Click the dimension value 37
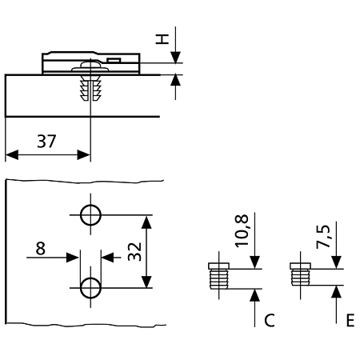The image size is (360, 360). pos(46,142)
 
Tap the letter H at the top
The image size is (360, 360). pos(162,39)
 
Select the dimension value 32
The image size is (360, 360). pos(134,251)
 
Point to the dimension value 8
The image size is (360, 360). pos(40,249)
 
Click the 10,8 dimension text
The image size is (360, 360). pos(242,230)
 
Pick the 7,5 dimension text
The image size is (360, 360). pos(323,237)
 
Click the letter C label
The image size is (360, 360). pos(270,320)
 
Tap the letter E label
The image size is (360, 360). pos(350,320)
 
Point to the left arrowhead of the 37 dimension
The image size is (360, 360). pos(12,154)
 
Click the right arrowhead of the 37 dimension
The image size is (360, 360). pos(84,154)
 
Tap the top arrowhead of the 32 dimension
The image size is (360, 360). pos(146,222)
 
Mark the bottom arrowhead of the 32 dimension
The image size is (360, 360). pos(146,282)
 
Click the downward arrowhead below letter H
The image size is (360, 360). pos(175,58)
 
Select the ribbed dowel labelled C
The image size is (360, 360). pos(218,276)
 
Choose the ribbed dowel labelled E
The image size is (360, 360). pos(300,274)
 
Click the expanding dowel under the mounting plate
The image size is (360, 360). pos(90,88)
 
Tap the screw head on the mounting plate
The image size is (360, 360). pos(90,66)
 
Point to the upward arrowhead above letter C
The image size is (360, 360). pos(255,295)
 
